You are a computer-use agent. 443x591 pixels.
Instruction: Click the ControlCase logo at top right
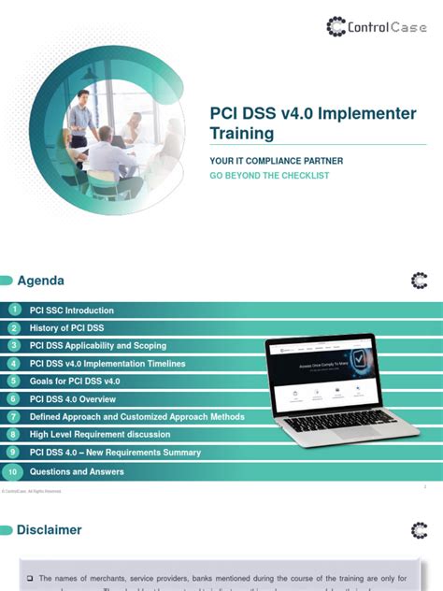coord(375,26)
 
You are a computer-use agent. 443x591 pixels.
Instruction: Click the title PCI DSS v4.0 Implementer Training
coord(312,123)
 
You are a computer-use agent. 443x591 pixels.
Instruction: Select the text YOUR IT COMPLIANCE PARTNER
coord(276,161)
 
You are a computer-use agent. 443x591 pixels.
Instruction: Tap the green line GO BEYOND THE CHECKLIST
coord(269,175)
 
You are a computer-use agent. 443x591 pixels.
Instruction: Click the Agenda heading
coord(40,281)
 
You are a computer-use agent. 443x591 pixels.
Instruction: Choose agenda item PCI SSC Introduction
coord(72,310)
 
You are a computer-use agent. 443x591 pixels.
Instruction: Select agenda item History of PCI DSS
coord(68,328)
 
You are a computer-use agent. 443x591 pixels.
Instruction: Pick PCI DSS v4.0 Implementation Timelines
coord(107,364)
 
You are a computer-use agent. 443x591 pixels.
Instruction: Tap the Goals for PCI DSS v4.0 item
coord(75,382)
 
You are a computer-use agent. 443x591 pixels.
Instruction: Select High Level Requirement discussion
coord(100,435)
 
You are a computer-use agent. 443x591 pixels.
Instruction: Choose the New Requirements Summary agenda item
coord(115,453)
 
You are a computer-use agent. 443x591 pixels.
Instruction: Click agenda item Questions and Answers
coord(77,471)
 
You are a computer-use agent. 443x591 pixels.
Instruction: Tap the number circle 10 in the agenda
coord(13,471)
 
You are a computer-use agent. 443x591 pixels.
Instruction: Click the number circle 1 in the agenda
coord(14,310)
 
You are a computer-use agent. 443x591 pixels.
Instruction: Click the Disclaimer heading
coord(49,530)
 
